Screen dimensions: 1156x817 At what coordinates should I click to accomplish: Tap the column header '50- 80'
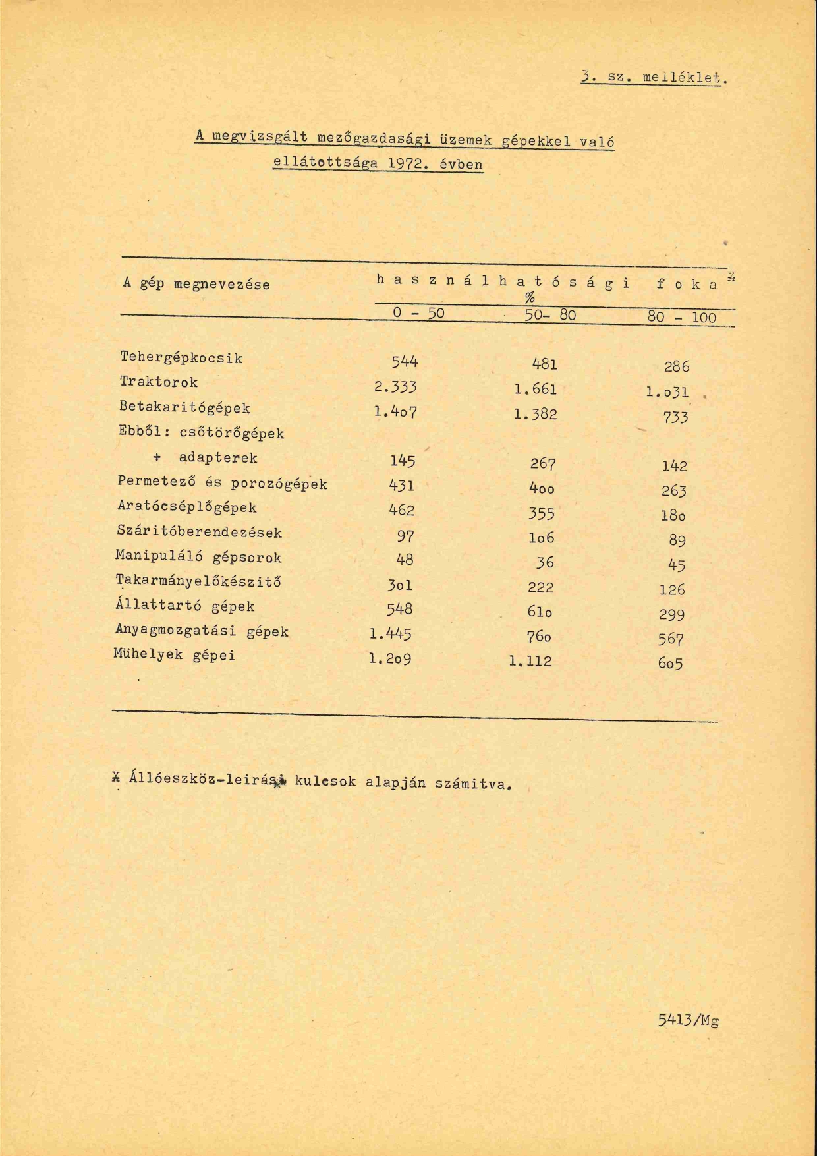click(x=550, y=315)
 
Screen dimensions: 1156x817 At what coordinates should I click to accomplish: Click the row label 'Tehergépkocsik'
click(x=181, y=358)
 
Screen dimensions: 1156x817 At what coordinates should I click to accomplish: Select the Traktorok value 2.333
click(x=395, y=387)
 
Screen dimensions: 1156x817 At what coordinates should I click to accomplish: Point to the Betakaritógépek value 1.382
click(x=535, y=414)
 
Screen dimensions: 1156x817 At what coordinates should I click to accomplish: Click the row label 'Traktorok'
click(x=159, y=382)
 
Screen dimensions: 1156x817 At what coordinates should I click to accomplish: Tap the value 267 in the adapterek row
click(x=543, y=464)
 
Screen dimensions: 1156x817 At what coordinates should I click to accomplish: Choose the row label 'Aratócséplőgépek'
click(x=186, y=507)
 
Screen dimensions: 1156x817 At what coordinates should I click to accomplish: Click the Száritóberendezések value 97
click(x=405, y=536)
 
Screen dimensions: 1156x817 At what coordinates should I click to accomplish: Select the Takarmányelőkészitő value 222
click(x=540, y=587)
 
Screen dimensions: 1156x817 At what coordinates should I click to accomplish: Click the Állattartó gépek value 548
click(x=401, y=609)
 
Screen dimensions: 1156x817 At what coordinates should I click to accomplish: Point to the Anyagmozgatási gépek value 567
click(x=671, y=639)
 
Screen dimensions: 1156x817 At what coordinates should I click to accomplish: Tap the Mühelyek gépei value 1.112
click(x=530, y=661)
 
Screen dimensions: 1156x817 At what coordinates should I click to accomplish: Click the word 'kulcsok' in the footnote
click(x=325, y=782)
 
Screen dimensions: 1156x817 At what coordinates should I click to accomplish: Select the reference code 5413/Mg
click(x=688, y=1021)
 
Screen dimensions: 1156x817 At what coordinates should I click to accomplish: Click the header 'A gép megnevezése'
click(x=196, y=285)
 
